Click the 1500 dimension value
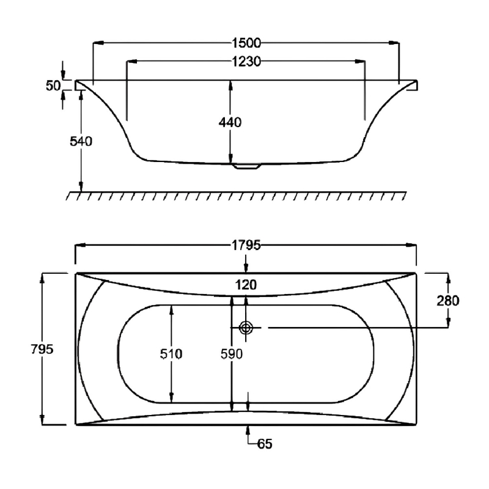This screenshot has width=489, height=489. (x=246, y=43)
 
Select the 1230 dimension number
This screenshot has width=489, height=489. (x=246, y=61)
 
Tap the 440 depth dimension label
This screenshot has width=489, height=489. (x=230, y=122)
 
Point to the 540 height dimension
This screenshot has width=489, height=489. (x=81, y=142)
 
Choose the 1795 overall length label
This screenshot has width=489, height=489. (x=246, y=246)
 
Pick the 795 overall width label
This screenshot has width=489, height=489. (x=42, y=349)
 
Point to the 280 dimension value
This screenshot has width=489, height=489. (x=448, y=300)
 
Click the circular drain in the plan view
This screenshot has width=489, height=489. (x=246, y=328)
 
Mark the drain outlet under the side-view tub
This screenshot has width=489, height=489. (x=246, y=165)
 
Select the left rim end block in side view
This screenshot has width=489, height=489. (x=79, y=86)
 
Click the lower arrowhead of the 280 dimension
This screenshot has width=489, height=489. (x=448, y=322)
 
